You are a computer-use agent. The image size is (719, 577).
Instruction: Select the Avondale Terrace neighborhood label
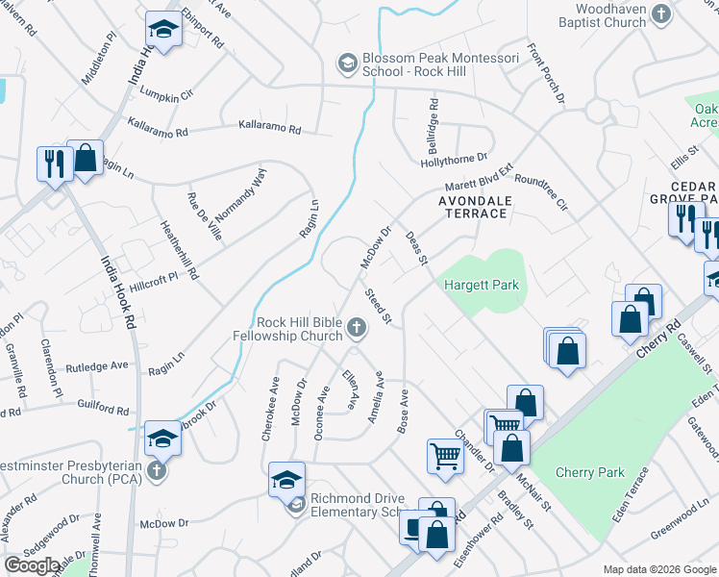point(472,207)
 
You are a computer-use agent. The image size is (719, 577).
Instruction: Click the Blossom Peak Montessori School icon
point(346,63)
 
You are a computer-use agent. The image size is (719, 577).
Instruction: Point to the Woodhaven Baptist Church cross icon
point(660,13)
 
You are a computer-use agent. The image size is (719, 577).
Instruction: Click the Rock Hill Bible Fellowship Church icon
point(356,329)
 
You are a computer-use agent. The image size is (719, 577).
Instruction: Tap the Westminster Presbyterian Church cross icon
point(159,472)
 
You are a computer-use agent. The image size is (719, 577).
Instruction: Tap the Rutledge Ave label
point(97,366)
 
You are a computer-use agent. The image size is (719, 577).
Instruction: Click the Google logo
point(33,565)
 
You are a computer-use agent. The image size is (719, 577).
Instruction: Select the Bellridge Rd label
point(434,119)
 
